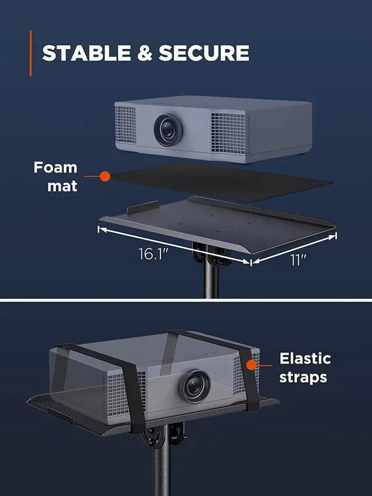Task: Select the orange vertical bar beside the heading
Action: pyautogui.click(x=31, y=53)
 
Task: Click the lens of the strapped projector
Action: pyautogui.click(x=194, y=385)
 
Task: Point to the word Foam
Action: pyautogui.click(x=55, y=168)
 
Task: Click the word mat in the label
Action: pyautogui.click(x=62, y=187)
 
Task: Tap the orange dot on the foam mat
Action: pyautogui.click(x=105, y=175)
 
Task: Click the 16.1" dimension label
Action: pyautogui.click(x=153, y=254)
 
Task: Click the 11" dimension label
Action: pyautogui.click(x=298, y=260)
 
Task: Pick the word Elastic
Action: pyautogui.click(x=305, y=358)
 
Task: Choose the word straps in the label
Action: pyautogui.click(x=303, y=378)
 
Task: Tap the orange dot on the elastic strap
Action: pyautogui.click(x=252, y=365)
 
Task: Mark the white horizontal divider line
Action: pyautogui.click(x=186, y=301)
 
